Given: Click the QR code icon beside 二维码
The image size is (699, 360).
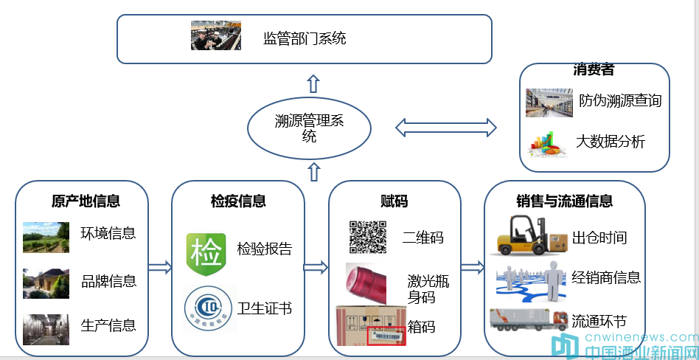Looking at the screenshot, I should (x=367, y=237).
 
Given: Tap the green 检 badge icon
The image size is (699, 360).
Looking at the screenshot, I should (x=206, y=250).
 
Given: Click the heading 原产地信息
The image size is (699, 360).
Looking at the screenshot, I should (x=86, y=201).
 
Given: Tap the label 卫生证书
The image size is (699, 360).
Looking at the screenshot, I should (x=265, y=308).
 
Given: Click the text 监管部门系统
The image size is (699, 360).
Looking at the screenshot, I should (x=305, y=38).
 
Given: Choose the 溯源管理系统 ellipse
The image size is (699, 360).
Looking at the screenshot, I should (x=310, y=128).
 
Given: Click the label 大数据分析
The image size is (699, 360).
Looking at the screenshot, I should (x=611, y=142).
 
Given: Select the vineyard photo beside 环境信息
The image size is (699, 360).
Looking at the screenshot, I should (x=46, y=237).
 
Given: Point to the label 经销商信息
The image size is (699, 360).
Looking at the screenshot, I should (x=606, y=277).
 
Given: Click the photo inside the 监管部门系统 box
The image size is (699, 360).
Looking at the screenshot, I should (x=216, y=36).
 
